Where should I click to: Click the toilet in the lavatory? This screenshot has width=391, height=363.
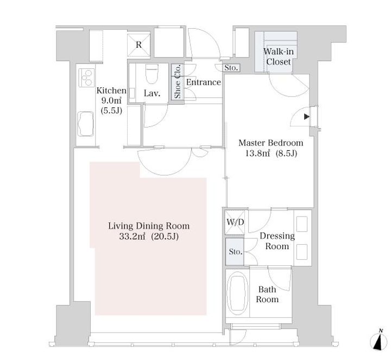[x=152, y=74]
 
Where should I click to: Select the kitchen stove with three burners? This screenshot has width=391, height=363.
[x=86, y=78]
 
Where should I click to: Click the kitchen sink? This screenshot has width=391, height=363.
[x=86, y=124]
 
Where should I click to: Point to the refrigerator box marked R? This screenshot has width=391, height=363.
[x=138, y=45]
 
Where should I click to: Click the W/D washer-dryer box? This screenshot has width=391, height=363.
[x=235, y=222]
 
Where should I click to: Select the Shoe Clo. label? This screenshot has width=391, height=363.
[x=178, y=81]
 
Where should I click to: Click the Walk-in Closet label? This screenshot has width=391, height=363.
[x=279, y=56]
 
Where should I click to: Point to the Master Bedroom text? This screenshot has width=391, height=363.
[x=271, y=143]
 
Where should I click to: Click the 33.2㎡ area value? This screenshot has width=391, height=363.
[x=132, y=236]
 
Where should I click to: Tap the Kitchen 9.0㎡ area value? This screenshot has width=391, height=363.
[x=111, y=101]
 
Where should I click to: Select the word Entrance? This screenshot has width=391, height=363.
[x=204, y=82]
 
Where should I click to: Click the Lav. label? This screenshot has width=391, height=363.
[x=152, y=93]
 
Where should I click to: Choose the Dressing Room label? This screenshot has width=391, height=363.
[x=277, y=241]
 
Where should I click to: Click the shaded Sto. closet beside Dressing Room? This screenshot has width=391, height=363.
[x=235, y=252]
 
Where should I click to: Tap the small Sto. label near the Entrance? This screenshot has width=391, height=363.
[x=231, y=67]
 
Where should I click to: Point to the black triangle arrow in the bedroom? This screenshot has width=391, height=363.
[x=307, y=117]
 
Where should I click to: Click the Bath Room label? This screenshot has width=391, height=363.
[x=267, y=294]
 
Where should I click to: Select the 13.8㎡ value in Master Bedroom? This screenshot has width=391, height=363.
[x=258, y=154]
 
